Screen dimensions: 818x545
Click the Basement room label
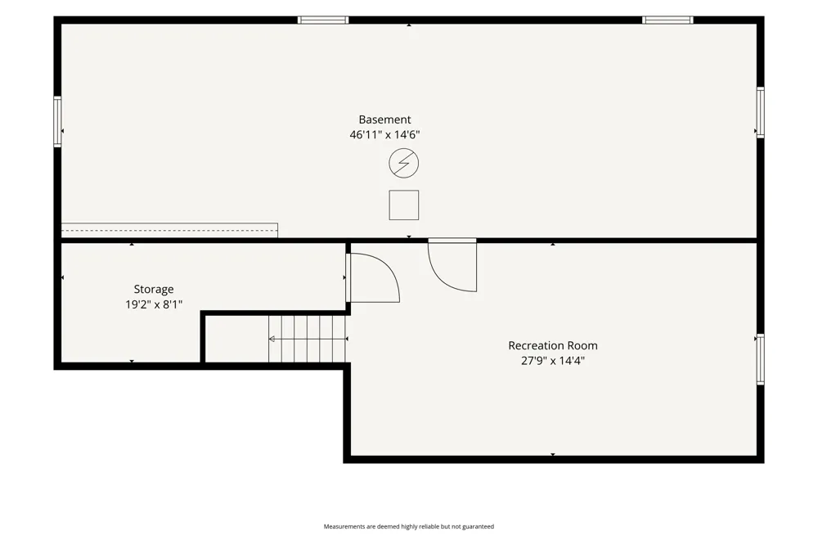[x=384, y=119]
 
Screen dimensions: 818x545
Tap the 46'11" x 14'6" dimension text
[x=384, y=135]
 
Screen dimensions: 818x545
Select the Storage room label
[x=154, y=289]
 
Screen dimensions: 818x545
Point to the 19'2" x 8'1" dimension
[x=154, y=304]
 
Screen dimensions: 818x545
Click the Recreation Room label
[x=553, y=345]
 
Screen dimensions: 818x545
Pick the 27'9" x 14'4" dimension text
[x=553, y=361]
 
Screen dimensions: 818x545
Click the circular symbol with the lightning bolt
[x=404, y=163]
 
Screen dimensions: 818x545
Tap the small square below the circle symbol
[x=404, y=205]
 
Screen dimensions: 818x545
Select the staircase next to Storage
[x=308, y=339]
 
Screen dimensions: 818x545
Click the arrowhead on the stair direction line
[x=272, y=340]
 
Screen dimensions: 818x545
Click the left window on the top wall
[x=323, y=20]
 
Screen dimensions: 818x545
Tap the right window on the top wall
[x=667, y=20]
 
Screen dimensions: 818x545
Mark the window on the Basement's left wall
[x=57, y=122]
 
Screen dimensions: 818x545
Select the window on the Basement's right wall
[x=761, y=113]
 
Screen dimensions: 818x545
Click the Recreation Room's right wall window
[x=761, y=359]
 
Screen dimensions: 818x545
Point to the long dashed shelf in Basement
[x=169, y=230]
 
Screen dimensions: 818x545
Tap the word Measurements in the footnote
[x=344, y=527]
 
